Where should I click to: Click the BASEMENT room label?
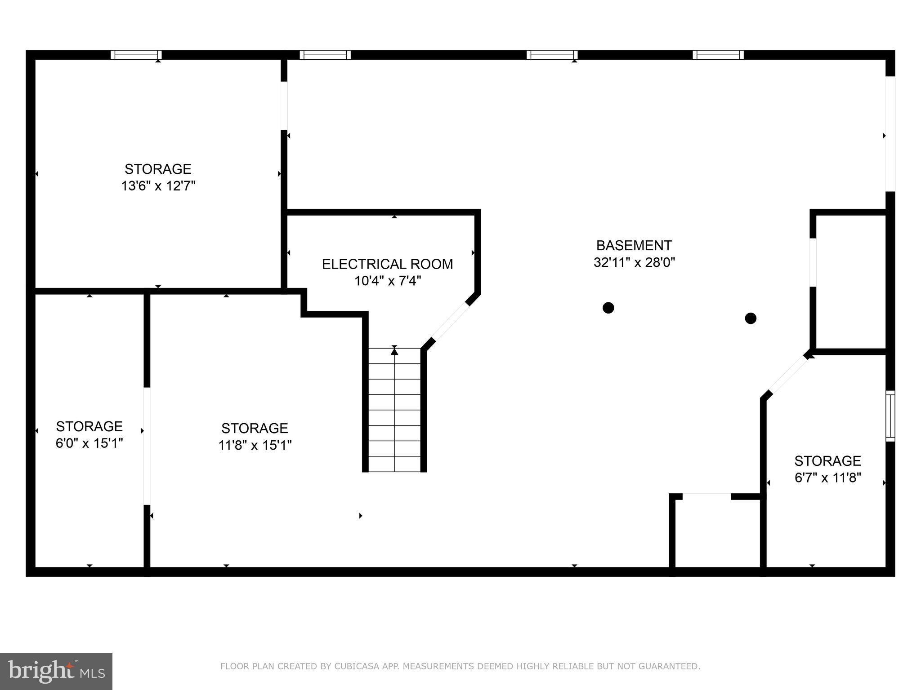click(x=634, y=245)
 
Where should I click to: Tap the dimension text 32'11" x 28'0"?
click(x=634, y=262)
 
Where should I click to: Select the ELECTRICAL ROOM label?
click(x=387, y=264)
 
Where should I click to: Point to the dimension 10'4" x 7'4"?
click(x=387, y=281)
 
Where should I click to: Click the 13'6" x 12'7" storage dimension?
click(x=158, y=186)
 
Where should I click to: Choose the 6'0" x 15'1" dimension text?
click(x=89, y=443)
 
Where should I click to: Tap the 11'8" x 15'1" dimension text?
click(x=255, y=445)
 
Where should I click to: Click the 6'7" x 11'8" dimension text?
click(x=827, y=478)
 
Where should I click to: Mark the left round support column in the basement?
click(x=608, y=308)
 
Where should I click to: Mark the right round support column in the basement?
click(x=751, y=318)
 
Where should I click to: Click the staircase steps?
click(x=394, y=418)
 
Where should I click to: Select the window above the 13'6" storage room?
click(x=136, y=55)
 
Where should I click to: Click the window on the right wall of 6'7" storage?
click(x=890, y=416)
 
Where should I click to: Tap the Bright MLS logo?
click(x=56, y=671)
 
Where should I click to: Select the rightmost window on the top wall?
click(x=718, y=55)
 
